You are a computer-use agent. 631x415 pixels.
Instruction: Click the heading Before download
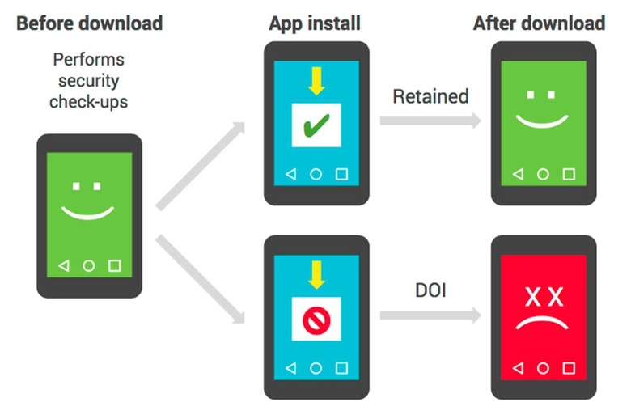click(89, 23)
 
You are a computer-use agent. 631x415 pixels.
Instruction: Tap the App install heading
click(315, 23)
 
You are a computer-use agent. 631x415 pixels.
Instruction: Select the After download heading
click(539, 23)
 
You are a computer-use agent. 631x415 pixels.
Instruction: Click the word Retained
click(430, 96)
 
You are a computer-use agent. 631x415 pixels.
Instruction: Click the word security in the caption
click(90, 81)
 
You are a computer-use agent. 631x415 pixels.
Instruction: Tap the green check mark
click(315, 126)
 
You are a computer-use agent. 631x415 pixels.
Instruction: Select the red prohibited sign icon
click(315, 321)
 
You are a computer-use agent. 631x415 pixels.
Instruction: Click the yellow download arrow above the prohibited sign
click(315, 275)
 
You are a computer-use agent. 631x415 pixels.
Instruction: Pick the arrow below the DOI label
click(430, 314)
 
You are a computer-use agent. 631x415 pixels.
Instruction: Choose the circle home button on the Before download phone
click(89, 265)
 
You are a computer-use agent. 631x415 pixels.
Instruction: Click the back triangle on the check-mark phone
click(290, 174)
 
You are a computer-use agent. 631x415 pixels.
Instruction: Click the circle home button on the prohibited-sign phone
click(315, 368)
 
